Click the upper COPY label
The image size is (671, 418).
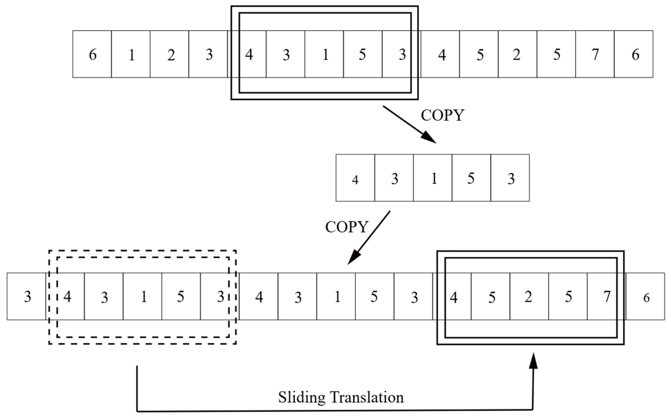point(442,115)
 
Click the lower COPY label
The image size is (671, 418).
point(347,227)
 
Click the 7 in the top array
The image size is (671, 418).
point(595,54)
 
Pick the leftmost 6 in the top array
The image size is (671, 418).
point(93,54)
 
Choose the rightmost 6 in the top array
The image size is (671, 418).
point(635,54)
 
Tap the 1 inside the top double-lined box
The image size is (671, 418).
point(326,54)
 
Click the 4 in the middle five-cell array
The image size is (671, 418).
point(355,180)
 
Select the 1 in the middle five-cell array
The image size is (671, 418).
point(434,179)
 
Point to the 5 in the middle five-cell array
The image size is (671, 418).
point(471,179)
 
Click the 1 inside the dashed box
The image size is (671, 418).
point(144,297)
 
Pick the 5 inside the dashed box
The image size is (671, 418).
point(180,297)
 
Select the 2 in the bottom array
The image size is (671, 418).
point(528,297)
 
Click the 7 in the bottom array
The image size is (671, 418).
point(607,297)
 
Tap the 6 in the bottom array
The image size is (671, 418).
point(646,298)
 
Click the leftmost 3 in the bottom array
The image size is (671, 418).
point(27,297)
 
